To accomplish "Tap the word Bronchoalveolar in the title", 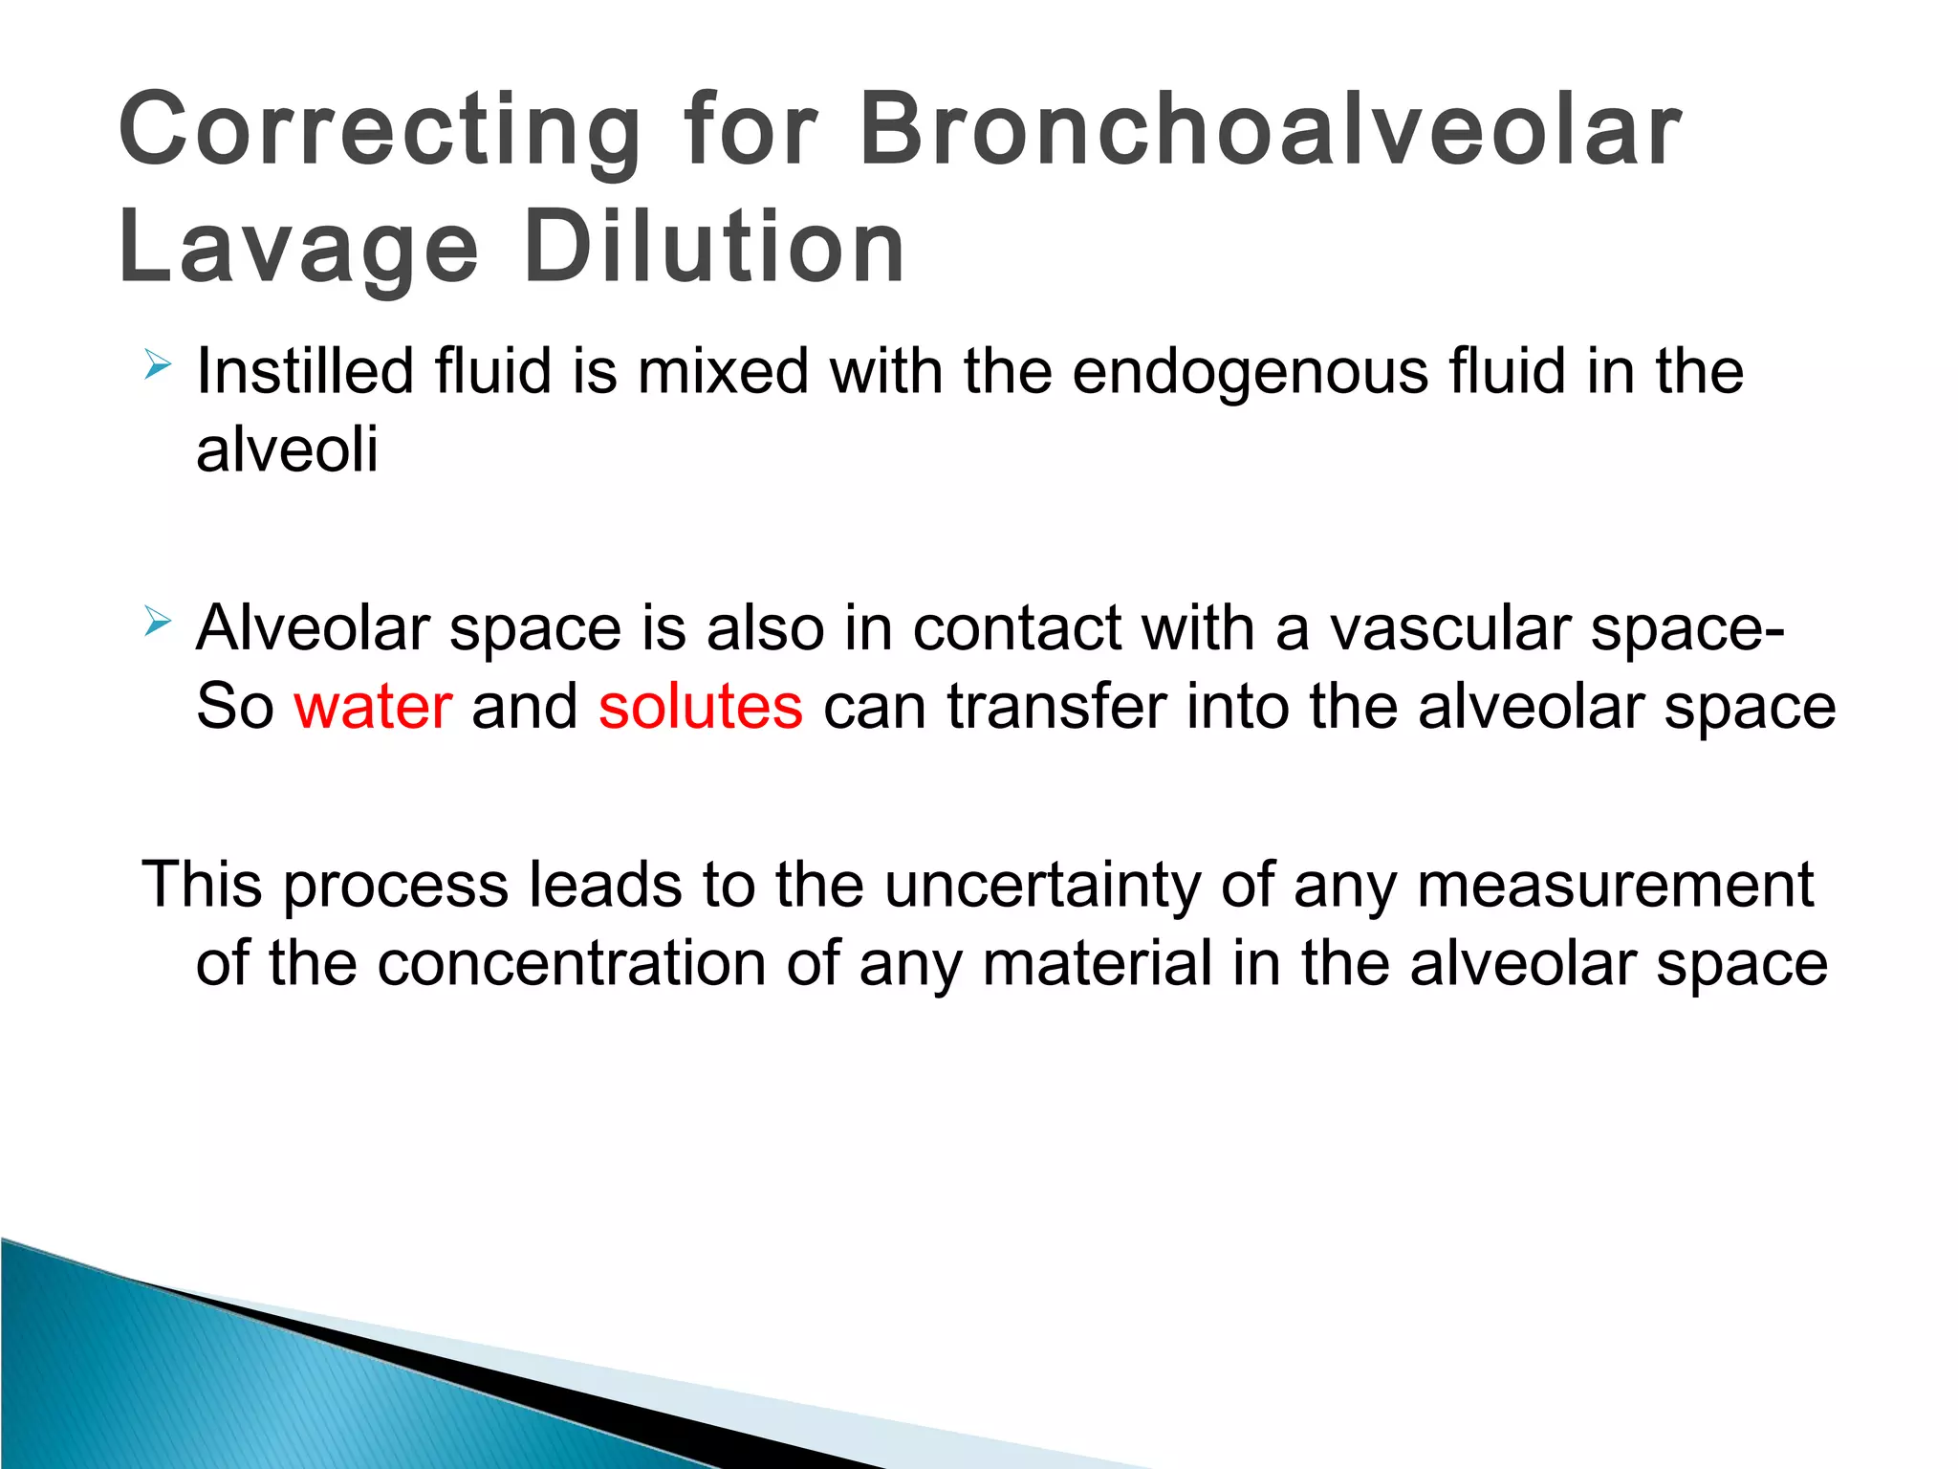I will point(1270,131).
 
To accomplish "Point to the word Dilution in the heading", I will point(714,249).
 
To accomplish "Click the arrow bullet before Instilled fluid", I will point(157,364).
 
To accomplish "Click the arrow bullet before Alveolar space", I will point(157,622).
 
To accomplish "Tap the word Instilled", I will point(304,371).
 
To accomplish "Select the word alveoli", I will point(287,449).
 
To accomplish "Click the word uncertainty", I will point(1041,886).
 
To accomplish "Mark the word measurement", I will point(1615,886).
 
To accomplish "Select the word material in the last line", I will point(1097,964).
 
